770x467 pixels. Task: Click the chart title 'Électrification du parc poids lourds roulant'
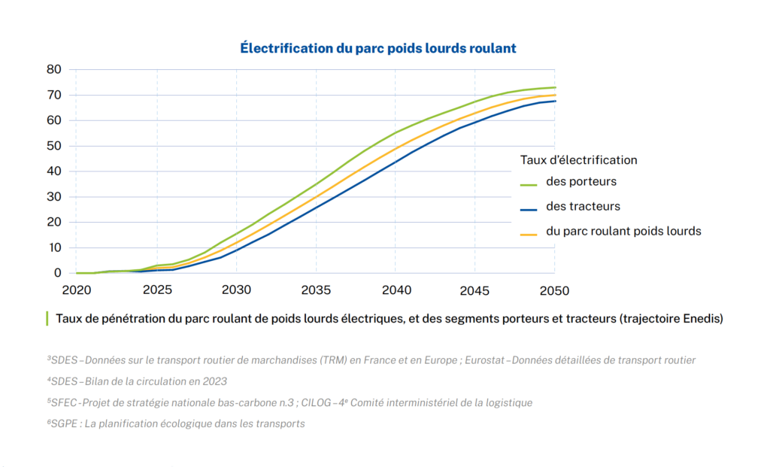point(377,48)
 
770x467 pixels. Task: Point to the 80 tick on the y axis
point(53,69)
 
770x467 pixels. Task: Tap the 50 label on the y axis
point(53,146)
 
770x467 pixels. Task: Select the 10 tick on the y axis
point(53,247)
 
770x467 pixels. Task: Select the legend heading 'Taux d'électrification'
point(578,160)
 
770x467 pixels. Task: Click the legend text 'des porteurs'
point(581,181)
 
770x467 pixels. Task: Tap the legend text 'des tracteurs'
point(583,206)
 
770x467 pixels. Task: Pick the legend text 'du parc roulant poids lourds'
point(623,231)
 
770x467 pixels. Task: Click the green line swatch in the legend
point(529,183)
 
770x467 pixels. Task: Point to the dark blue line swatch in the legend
point(529,208)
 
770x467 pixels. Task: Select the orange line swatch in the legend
point(529,232)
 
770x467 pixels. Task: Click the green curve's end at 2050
point(555,87)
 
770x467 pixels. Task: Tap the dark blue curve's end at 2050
point(555,101)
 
